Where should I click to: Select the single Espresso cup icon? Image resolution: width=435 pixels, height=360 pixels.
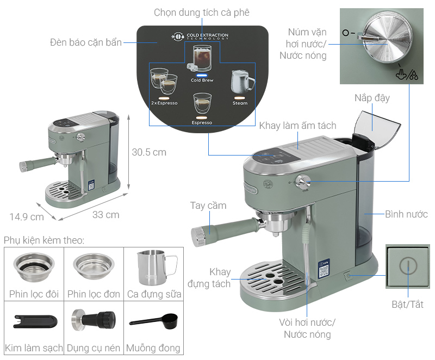(202, 103)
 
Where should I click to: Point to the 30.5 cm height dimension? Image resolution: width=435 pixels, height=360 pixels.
(149, 152)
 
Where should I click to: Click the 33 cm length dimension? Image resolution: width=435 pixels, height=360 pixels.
(105, 215)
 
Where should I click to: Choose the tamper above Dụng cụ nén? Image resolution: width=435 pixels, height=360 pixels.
(94, 320)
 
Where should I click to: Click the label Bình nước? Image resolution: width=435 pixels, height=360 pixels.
(407, 214)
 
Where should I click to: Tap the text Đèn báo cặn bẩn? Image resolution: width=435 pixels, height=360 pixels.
(86, 42)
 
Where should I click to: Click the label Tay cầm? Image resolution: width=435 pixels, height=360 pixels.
(208, 206)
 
